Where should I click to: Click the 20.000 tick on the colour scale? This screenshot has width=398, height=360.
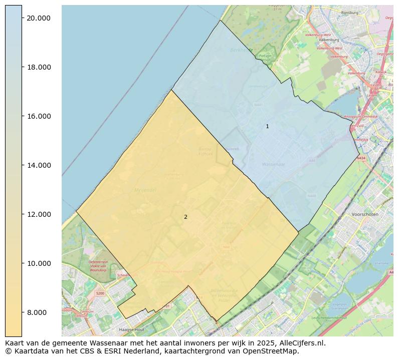click(38, 18)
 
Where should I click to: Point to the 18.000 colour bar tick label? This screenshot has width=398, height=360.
click(38, 67)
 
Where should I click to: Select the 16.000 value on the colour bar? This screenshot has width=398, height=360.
click(38, 116)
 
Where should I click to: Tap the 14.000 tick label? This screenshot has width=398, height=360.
click(38, 165)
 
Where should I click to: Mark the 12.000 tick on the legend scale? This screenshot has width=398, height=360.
click(38, 214)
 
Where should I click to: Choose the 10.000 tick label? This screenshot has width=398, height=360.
click(38, 263)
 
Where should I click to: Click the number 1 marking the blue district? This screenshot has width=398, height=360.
click(267, 126)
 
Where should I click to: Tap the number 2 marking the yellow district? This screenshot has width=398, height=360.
click(185, 217)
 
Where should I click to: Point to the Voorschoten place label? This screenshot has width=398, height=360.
click(365, 214)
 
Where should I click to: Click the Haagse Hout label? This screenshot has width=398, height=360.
click(132, 330)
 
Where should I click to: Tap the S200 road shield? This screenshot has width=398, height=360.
click(100, 293)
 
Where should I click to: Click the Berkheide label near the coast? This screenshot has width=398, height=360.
click(240, 50)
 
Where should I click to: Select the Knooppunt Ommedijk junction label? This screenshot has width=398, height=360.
click(361, 117)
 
